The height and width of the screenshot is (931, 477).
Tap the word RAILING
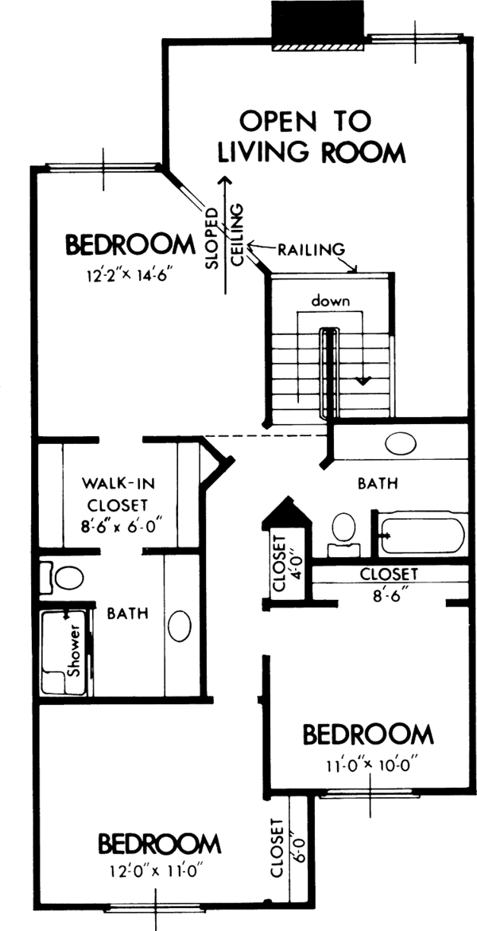(311, 249)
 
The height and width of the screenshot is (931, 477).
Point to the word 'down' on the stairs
(331, 302)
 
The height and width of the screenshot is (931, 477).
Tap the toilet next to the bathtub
(343, 528)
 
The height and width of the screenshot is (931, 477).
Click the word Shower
(74, 656)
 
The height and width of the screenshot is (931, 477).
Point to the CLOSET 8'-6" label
(389, 582)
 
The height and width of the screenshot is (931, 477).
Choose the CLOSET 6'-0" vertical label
(283, 847)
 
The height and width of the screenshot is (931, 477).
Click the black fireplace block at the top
(319, 24)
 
